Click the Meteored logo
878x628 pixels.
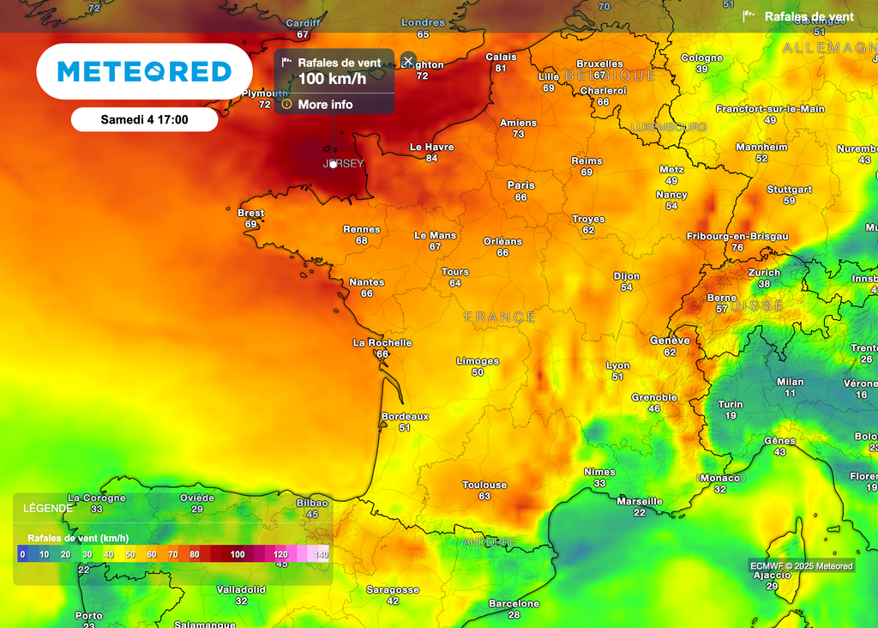point(144,71)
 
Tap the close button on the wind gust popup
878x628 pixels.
point(408,60)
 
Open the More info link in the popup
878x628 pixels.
point(325,105)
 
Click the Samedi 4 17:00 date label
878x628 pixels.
point(144,119)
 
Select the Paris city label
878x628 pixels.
point(520,185)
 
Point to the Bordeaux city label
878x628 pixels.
point(405,416)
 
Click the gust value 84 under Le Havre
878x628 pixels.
point(431,158)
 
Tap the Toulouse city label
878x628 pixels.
point(484,485)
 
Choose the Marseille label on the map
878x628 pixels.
point(640,501)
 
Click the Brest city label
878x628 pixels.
point(251,213)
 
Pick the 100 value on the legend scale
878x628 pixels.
point(238,554)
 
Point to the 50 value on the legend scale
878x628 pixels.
point(130,554)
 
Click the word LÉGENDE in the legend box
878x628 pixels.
point(48,508)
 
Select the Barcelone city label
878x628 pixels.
point(514,603)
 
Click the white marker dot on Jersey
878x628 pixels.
point(333,164)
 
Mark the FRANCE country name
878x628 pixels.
point(500,317)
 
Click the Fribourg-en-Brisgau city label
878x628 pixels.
point(737,236)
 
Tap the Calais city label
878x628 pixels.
point(501,57)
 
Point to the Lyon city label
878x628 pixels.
point(617,365)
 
